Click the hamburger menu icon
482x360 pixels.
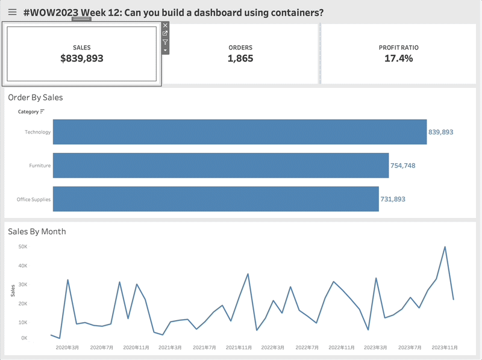pos(12,12)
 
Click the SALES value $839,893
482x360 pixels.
pos(82,58)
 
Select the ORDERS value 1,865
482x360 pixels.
pos(240,58)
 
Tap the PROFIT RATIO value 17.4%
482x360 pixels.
pos(398,58)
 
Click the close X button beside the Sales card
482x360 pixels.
pos(166,25)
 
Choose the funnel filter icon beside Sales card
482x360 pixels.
pos(166,42)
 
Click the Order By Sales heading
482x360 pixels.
pos(36,97)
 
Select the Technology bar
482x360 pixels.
pos(240,132)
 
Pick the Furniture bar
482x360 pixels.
pos(221,166)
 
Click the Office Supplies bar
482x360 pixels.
pos(216,199)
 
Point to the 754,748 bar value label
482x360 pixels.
pos(402,166)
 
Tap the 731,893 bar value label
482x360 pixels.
pos(393,199)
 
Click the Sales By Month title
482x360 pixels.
pos(37,231)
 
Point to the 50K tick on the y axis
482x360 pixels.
pos(22,247)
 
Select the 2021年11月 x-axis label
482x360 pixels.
pos(239,347)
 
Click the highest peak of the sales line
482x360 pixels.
pos(445,247)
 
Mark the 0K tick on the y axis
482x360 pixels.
pos(23,338)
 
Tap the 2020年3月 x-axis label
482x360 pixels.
pos(67,347)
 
